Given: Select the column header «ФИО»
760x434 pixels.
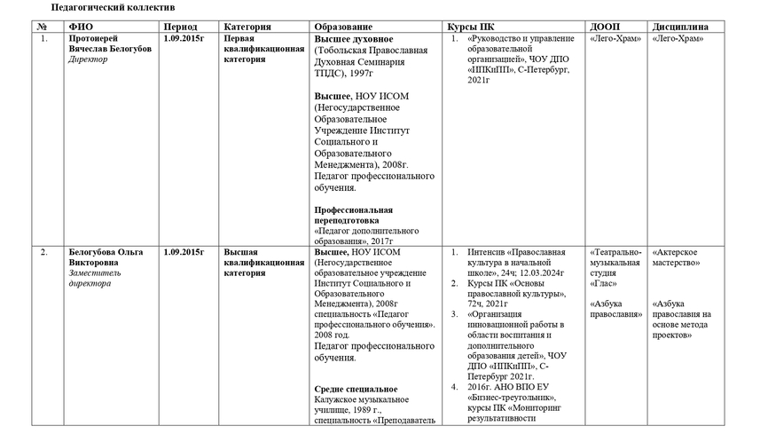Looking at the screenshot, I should pos(81,27).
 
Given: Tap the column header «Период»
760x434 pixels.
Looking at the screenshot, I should pos(181,27).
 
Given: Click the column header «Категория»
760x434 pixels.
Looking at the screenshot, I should pos(247,27).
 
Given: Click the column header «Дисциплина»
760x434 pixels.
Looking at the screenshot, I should pos(683,27).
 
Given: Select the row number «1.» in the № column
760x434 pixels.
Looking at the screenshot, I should pos(43,39).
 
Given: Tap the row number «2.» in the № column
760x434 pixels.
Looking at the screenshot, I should pos(43,252).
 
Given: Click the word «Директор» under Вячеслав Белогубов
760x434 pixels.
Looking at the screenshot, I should pos(88,60).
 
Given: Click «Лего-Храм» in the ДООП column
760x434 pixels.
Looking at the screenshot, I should pos(614,39).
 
